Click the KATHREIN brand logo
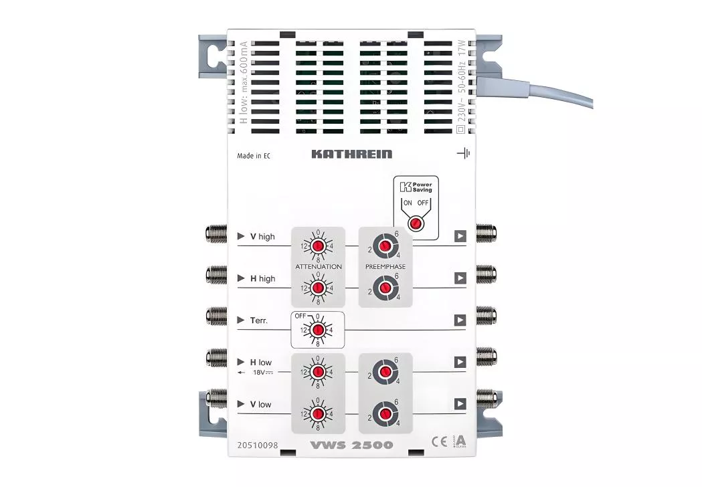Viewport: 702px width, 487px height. click(351, 155)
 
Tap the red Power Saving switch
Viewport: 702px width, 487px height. click(415, 223)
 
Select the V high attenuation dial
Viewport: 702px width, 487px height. click(318, 247)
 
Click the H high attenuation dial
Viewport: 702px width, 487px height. click(318, 288)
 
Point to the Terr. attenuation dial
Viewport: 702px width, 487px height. click(318, 330)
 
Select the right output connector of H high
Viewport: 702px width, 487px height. click(486, 274)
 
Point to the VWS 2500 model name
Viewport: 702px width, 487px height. click(352, 445)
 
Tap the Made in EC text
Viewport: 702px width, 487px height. click(254, 156)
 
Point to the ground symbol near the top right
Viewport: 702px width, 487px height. click(463, 153)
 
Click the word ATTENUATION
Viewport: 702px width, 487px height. click(319, 266)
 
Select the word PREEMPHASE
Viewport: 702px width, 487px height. click(385, 266)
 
